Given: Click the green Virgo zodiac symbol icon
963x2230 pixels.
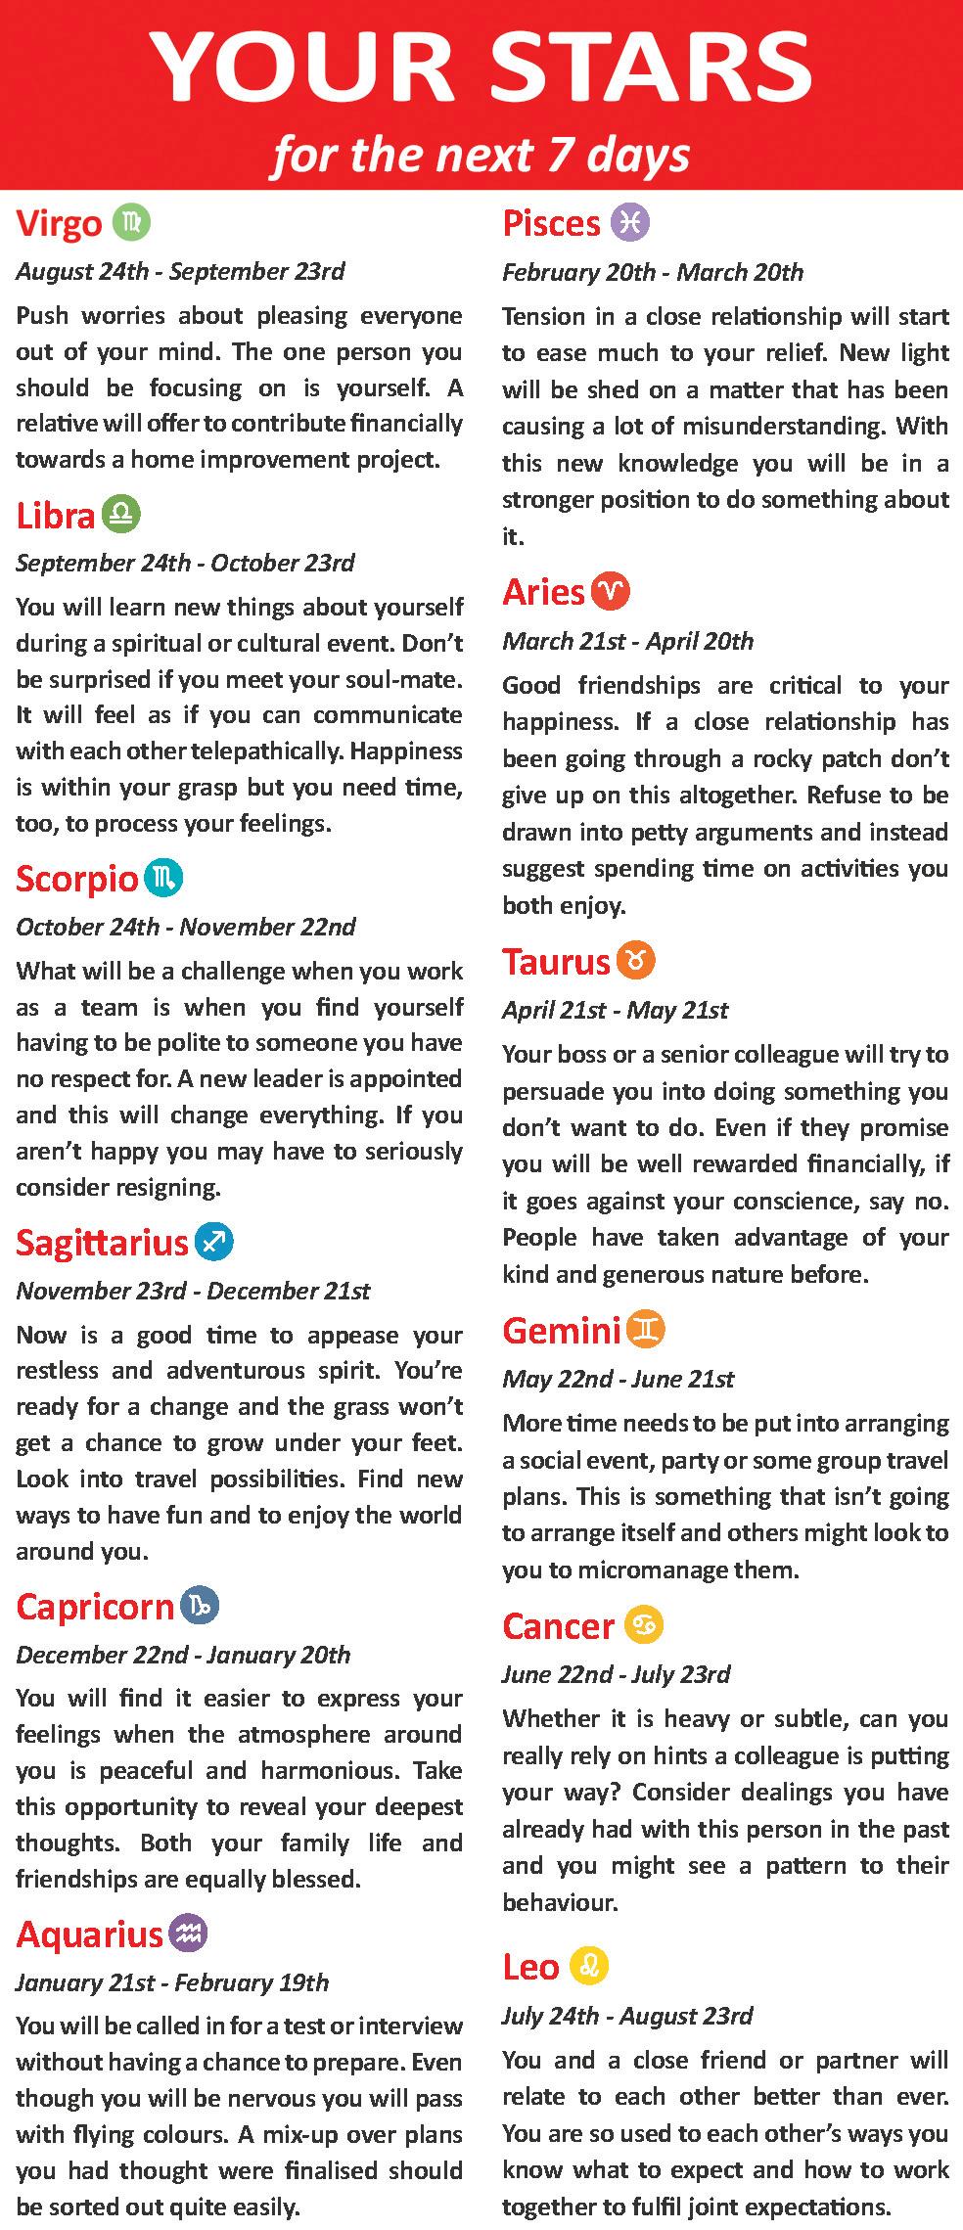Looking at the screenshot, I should [x=131, y=223].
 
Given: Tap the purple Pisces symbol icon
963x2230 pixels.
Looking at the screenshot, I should [x=629, y=223].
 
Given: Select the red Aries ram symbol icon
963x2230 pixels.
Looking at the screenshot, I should [x=612, y=591].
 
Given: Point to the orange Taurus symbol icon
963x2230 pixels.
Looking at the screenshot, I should [x=636, y=961].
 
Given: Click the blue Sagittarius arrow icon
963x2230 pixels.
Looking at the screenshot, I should [x=214, y=1242].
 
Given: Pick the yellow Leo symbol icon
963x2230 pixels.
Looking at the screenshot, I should [x=589, y=1965].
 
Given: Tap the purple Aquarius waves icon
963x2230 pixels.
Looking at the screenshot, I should [x=189, y=1934].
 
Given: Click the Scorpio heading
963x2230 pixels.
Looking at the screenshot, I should [x=77, y=879].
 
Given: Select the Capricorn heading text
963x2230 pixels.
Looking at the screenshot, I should [x=95, y=1607].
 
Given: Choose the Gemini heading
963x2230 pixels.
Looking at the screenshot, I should [x=562, y=1330].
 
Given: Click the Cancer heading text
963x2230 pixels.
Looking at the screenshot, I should [x=558, y=1626].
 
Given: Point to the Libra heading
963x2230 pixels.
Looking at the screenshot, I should [x=56, y=515].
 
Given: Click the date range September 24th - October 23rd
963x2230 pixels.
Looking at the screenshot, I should [x=185, y=563].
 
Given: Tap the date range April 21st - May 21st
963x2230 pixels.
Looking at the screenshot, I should [x=615, y=1010].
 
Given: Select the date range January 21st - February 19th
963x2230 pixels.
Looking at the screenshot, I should [x=172, y=1982].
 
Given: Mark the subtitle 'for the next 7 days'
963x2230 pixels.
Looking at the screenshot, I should [x=481, y=155].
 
